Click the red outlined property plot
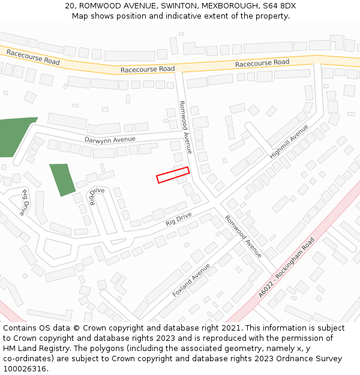[x=173, y=175]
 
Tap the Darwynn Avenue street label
[x=110, y=139]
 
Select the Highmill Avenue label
[x=289, y=142]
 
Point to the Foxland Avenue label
[x=191, y=280]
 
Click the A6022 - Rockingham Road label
[x=287, y=268]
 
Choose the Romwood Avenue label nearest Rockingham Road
[x=244, y=236]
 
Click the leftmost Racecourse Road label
[x=33, y=57]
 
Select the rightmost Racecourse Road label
[x=262, y=63]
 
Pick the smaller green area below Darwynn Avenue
[x=62, y=179]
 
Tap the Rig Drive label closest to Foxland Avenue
[x=178, y=219]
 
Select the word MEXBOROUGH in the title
[x=230, y=6]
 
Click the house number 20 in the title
[x=70, y=6]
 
